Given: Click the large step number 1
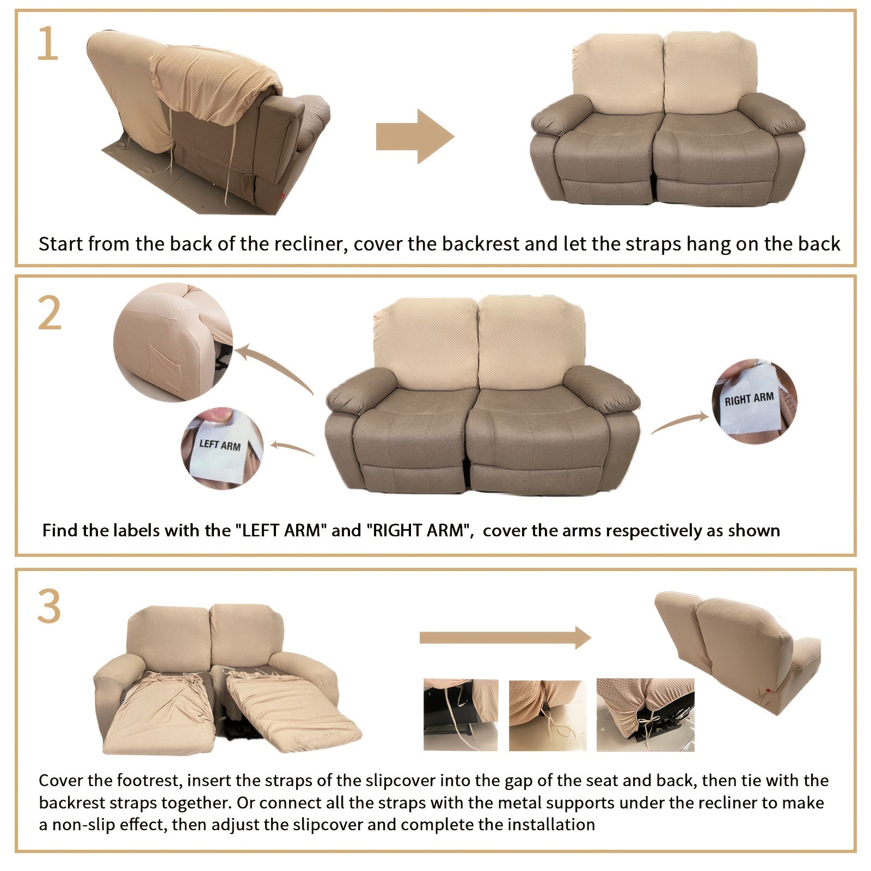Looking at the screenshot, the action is (48, 44).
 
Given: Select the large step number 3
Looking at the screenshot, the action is (50, 606).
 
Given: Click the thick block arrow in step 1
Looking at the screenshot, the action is (415, 136).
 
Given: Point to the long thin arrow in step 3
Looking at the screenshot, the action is (505, 637).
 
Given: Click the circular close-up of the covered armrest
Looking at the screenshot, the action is (173, 342).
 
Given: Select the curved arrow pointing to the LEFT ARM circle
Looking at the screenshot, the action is (292, 447).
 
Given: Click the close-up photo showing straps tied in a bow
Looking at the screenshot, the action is (645, 715).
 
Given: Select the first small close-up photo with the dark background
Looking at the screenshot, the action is (461, 715).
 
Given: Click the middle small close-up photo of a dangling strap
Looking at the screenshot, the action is (548, 715).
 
